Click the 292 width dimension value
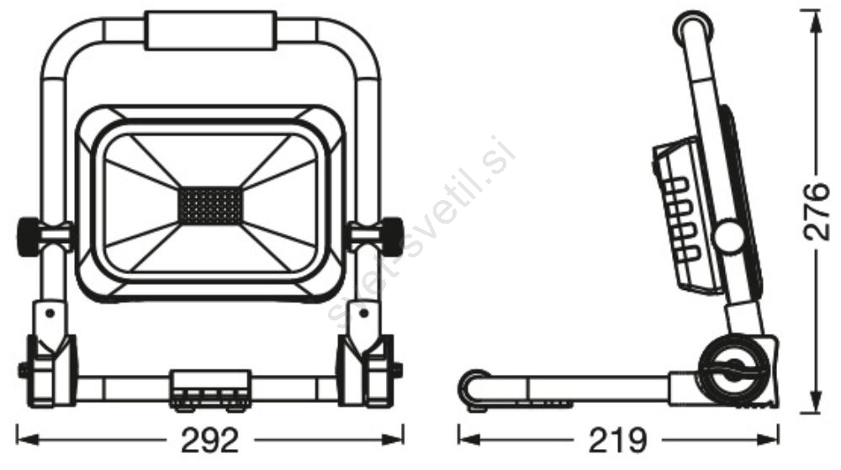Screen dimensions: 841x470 (209, 441)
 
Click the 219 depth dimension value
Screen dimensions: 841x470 (617, 441)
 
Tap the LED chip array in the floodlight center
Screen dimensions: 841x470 (211, 205)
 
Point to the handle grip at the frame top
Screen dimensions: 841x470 (211, 32)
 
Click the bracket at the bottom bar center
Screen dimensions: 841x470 (210, 389)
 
